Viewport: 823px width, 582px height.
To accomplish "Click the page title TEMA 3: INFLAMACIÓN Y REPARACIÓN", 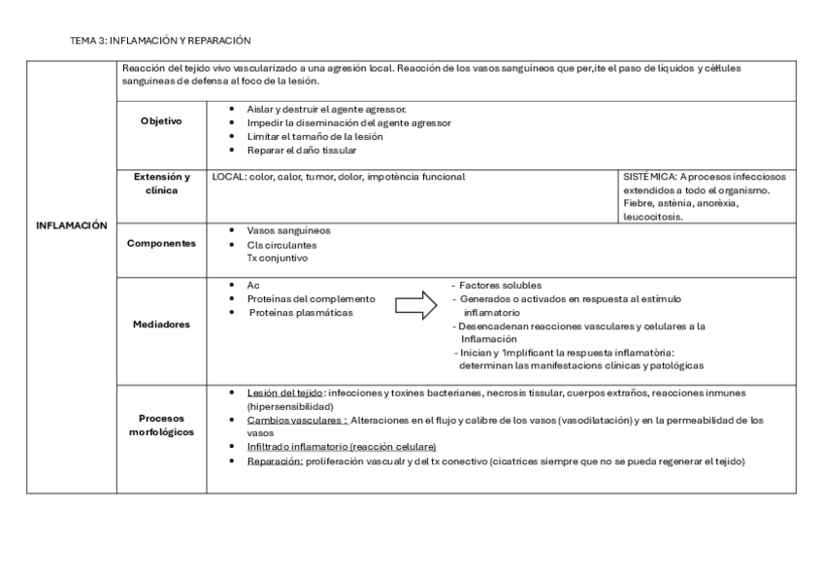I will coord(161,41).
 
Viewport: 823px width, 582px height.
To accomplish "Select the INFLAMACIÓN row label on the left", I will coord(71,224).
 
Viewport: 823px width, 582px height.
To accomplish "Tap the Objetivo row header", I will coord(160,121).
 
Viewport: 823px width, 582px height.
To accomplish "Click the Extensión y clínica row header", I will coord(160,184).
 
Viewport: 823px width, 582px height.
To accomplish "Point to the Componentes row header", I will coord(160,244).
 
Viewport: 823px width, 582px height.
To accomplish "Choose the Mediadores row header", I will coord(160,325).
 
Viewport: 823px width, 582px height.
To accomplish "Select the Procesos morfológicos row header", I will coord(160,424).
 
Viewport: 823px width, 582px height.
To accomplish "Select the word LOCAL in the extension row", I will coord(229,177).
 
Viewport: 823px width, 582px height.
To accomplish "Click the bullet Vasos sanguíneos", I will coord(288,230).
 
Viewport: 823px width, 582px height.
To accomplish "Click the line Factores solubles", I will coord(493,286).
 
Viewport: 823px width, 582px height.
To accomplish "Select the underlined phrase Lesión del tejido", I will coord(285,393).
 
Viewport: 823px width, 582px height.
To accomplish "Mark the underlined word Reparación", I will coord(275,462).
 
